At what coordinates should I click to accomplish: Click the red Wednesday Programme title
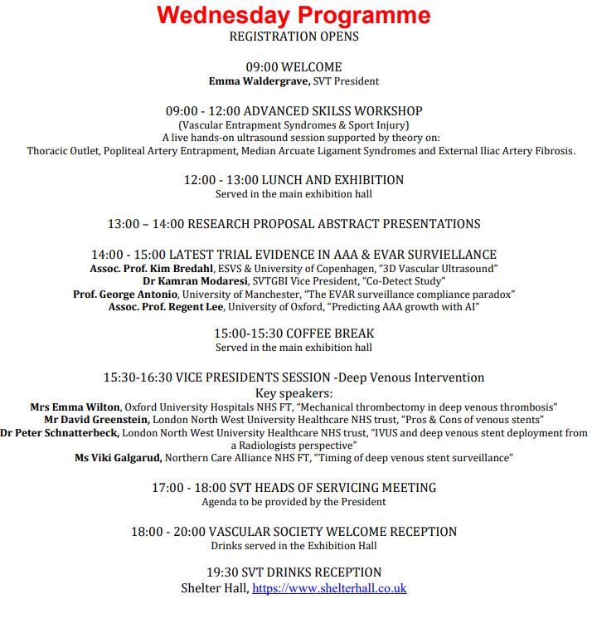(294, 16)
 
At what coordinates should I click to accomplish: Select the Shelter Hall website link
(329, 588)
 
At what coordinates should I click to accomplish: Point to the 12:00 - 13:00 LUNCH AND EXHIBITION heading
(294, 180)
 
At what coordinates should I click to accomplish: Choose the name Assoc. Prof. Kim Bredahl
(153, 269)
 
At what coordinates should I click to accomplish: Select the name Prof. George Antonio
(124, 294)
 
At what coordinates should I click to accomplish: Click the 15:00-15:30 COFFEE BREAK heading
(294, 334)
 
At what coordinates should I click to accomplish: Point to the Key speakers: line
(294, 393)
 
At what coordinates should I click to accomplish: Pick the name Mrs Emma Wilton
(75, 407)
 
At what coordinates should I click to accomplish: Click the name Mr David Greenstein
(97, 420)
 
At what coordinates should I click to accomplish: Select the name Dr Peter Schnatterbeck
(60, 433)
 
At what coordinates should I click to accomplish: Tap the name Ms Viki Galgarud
(119, 457)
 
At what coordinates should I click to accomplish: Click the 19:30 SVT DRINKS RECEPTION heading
(294, 572)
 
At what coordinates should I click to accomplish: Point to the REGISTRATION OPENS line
(294, 37)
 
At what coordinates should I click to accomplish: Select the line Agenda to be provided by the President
(294, 502)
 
